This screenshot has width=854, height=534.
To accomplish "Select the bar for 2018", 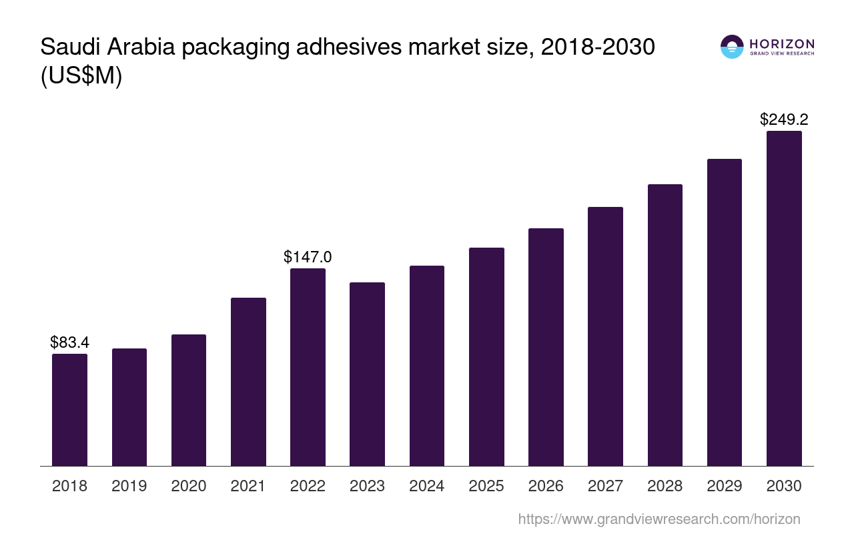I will pos(69,410).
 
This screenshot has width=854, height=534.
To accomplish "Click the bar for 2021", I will pos(248,382).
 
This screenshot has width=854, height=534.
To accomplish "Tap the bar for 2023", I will pos(367,374).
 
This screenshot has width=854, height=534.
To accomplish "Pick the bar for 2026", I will pos(546,347).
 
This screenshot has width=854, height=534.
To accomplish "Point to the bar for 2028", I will pos(665,325).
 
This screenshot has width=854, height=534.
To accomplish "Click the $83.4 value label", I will pos(69,342).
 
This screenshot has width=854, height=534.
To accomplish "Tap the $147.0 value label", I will pos(308,257).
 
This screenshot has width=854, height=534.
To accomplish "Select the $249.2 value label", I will pos(784,119).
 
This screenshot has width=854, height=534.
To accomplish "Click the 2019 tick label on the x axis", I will pos(129,486).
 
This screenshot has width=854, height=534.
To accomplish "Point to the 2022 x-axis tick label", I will pos(308,486).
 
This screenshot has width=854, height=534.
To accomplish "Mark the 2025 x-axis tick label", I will pos(486,486).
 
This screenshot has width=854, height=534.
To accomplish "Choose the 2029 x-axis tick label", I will pos(725,486).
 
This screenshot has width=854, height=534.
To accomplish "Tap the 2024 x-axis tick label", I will pos(427,486).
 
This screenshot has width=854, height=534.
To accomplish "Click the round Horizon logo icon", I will pos(732,47).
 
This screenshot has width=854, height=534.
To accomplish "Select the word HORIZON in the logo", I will pos(782,43).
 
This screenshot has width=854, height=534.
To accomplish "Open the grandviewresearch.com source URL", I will pos(659,519).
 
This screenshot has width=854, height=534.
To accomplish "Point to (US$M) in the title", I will pos(81,76).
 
